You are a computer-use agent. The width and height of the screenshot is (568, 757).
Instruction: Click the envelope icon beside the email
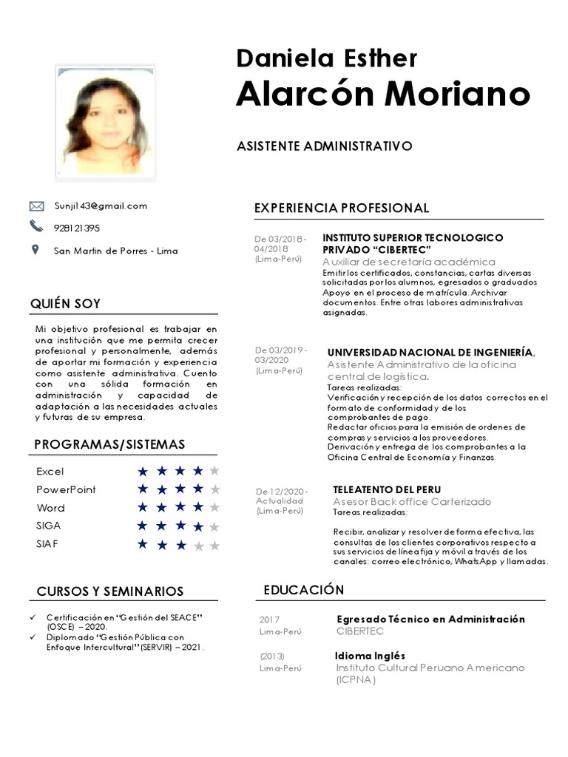click(x=36, y=206)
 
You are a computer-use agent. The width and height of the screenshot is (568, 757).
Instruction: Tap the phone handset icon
click(x=36, y=226)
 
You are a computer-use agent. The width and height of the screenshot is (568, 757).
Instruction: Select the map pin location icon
click(x=35, y=250)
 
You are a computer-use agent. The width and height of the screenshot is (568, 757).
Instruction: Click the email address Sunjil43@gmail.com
click(x=101, y=206)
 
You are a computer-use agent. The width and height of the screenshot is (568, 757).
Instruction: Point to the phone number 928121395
click(x=77, y=228)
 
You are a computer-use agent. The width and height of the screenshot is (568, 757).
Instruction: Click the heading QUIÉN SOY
click(x=65, y=304)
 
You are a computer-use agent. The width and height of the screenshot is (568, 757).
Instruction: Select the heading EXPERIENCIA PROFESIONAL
click(x=341, y=208)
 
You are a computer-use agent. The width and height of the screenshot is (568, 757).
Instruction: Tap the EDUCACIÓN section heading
click(x=304, y=589)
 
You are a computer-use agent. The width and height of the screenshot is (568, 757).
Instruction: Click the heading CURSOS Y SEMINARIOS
click(x=110, y=591)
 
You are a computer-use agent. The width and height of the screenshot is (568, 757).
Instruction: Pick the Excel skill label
click(x=50, y=472)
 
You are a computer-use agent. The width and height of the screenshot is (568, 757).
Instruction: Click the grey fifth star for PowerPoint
click(x=214, y=489)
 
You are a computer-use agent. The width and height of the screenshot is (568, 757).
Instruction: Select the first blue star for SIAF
click(x=143, y=545)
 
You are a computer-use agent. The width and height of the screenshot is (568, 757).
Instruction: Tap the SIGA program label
click(x=49, y=526)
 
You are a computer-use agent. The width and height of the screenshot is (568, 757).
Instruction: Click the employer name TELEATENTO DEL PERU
click(x=387, y=489)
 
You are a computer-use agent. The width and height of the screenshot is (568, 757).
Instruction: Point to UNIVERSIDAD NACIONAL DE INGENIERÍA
click(x=430, y=352)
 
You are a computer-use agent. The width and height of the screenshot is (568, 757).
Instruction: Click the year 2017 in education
click(x=270, y=619)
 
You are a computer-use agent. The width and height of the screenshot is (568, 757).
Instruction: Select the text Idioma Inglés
click(x=370, y=656)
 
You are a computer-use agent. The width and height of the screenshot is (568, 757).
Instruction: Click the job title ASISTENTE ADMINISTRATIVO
click(x=324, y=146)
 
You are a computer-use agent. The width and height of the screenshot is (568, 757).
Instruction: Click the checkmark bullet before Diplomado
click(x=32, y=637)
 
